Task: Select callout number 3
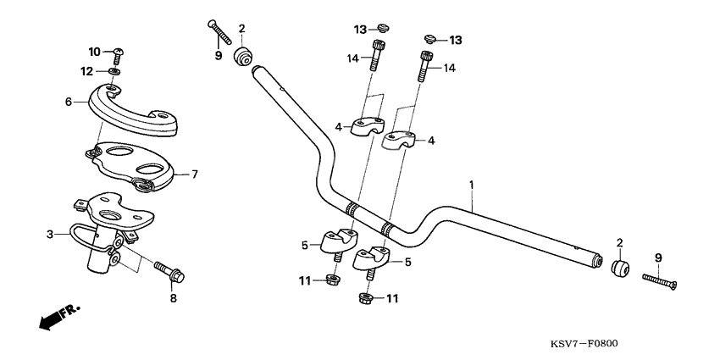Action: (50, 233)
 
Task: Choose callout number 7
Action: (194, 174)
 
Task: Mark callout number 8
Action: (174, 298)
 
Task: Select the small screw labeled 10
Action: (119, 55)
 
